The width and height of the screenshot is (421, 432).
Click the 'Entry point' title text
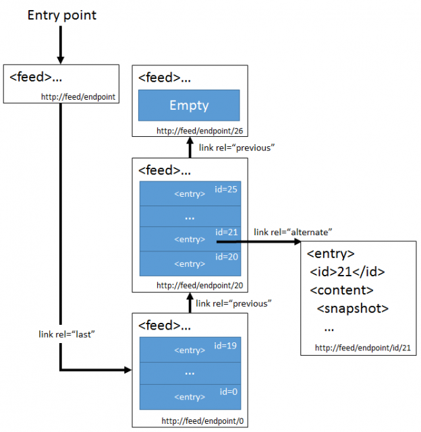(61, 15)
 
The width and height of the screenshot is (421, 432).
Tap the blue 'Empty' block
(189, 105)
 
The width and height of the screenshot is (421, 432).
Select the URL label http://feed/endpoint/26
(198, 131)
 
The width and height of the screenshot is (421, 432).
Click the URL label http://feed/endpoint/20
(198, 285)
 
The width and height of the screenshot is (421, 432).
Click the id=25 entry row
(189, 193)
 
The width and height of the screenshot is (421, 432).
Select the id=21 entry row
(189, 239)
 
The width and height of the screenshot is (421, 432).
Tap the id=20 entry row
(189, 263)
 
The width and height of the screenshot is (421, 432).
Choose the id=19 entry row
(189, 350)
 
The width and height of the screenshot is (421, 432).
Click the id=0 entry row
(189, 396)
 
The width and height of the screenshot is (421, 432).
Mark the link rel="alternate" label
(293, 232)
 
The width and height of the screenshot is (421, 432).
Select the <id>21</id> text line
(347, 272)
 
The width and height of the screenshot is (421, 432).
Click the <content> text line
(342, 290)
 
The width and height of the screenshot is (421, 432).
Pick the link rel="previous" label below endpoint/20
(233, 303)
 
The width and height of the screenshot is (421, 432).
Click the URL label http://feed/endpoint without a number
(78, 96)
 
